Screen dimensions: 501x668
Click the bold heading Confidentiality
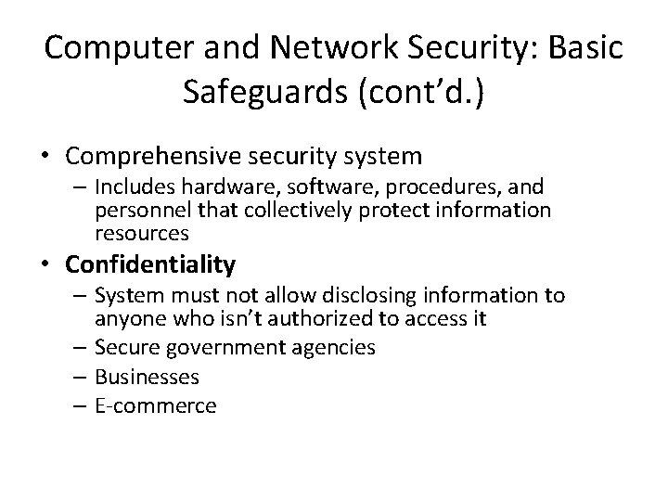pos(150,265)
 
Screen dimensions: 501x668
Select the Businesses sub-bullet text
pos(147,377)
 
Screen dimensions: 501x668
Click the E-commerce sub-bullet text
pos(155,406)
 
